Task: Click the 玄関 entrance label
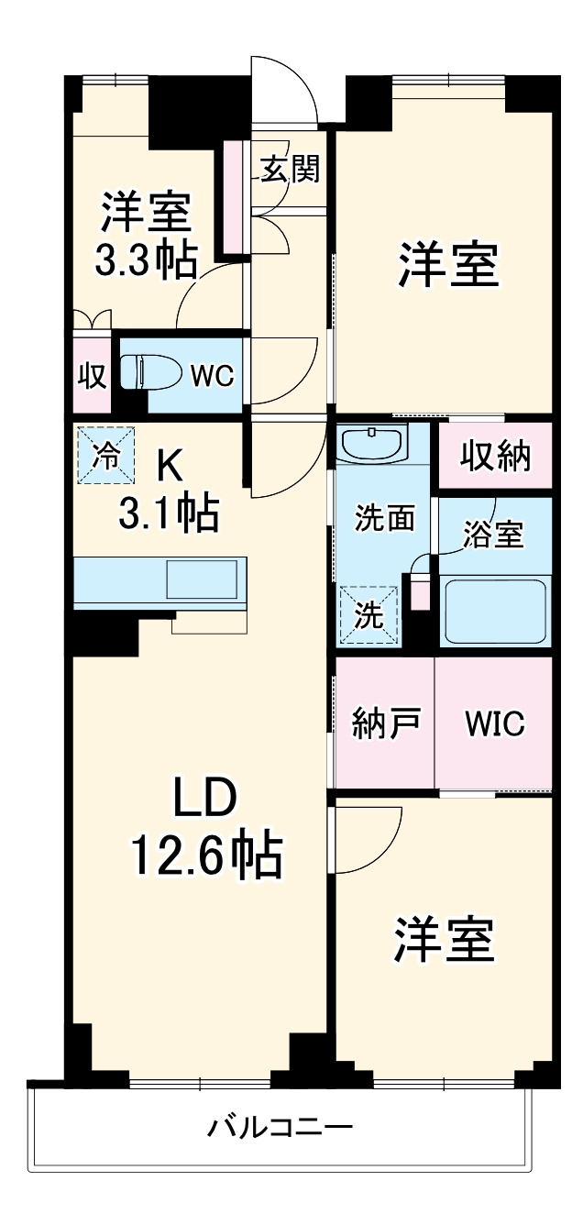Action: (x=290, y=169)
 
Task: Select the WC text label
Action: (x=212, y=376)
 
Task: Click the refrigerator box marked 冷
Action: (x=105, y=455)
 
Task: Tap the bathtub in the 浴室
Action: (x=496, y=612)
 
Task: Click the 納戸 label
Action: (x=386, y=723)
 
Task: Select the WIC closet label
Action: (x=495, y=723)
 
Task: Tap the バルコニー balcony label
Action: (x=280, y=1127)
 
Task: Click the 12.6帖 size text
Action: (x=207, y=855)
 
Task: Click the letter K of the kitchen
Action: (x=170, y=468)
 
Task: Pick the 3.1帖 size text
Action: (x=169, y=513)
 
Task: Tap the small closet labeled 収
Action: (x=92, y=376)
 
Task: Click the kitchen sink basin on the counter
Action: (x=202, y=579)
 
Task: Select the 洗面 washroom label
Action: (x=384, y=518)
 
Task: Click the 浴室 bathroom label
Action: (x=493, y=534)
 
